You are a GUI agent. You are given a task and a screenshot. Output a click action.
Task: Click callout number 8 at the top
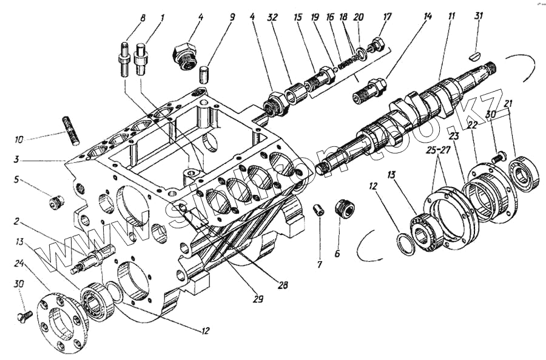click(x=143, y=19)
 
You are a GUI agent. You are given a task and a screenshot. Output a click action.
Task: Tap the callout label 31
click(x=479, y=17)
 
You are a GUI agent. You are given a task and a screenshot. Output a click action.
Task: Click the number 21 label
click(x=508, y=103)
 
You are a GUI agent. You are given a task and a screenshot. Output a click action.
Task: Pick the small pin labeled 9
click(x=204, y=76)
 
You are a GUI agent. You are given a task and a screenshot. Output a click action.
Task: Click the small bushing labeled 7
click(x=317, y=210)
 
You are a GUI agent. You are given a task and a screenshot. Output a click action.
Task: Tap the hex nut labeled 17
click(x=376, y=45)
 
